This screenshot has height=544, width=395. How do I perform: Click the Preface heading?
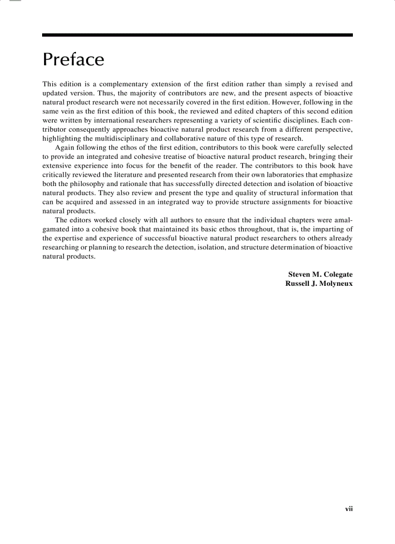73,60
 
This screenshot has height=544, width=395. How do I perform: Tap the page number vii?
349,509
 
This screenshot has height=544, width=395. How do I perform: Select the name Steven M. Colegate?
320,275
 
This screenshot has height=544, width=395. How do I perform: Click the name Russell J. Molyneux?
319,283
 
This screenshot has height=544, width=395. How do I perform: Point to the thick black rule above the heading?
197,35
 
